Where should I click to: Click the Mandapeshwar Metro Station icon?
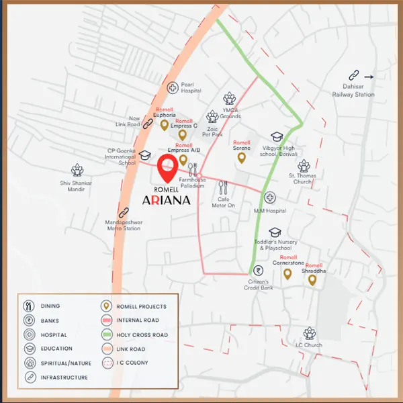coord(122,214)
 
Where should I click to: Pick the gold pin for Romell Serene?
coord(241,158)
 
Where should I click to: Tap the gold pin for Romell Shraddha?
coord(312,279)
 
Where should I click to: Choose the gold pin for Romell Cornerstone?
coord(287,273)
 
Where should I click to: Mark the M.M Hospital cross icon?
coord(269,198)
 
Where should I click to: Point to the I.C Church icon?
coord(309,333)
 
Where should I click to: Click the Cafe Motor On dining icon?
coord(224,187)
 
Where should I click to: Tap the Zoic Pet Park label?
coord(214,131)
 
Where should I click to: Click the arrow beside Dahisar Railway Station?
coord(369,77)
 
